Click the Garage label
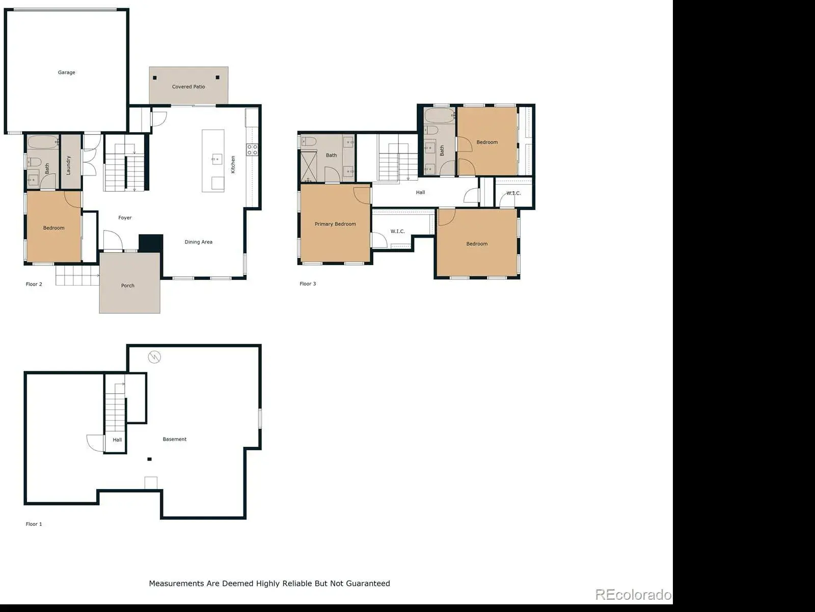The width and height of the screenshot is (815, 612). tap(66, 72)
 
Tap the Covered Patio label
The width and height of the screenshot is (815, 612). tap(188, 87)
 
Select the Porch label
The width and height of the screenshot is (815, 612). tap(128, 286)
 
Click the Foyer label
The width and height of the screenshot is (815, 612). tap(125, 218)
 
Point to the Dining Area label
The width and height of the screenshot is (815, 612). tap(199, 242)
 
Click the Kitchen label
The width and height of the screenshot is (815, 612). tap(233, 165)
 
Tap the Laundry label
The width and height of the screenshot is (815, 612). tap(68, 165)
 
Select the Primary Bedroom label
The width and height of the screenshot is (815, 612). tap(335, 224)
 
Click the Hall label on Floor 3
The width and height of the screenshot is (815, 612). tap(420, 192)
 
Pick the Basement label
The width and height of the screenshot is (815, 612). tap(175, 439)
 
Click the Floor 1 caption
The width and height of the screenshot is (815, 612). tap(34, 524)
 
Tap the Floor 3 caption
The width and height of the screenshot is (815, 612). tap(308, 284)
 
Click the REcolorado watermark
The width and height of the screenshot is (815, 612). tap(633, 595)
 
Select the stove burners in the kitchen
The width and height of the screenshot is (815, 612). tap(252, 150)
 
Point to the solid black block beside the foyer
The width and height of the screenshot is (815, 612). tap(151, 243)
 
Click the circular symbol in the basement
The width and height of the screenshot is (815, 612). tap(154, 357)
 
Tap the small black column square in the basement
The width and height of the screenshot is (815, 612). tap(150, 459)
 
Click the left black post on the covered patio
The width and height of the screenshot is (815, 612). tap(155, 78)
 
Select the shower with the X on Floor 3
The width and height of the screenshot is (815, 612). tap(309, 166)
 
